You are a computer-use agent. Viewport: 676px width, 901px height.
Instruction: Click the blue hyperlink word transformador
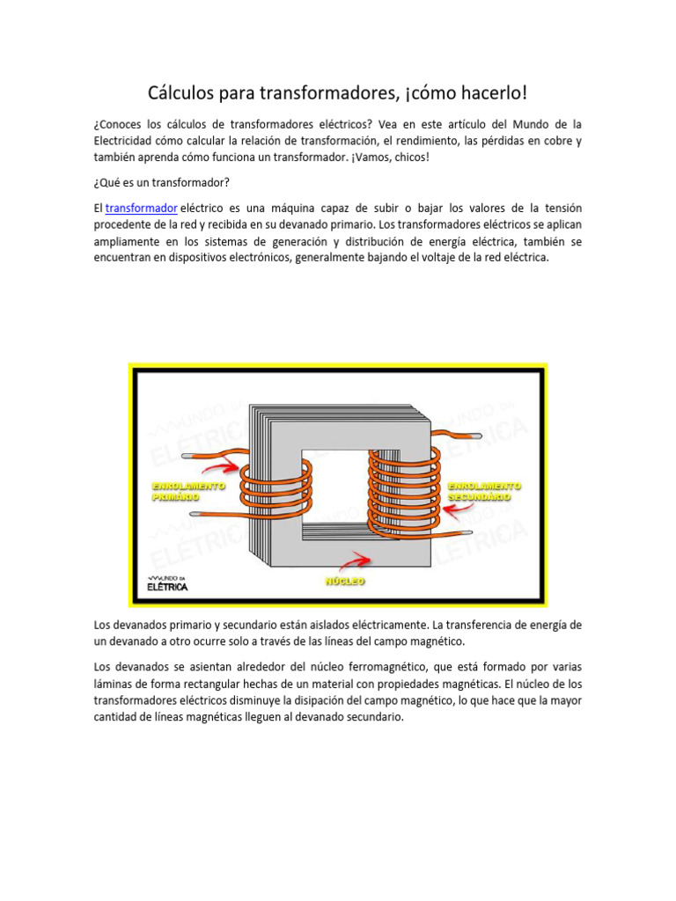[x=142, y=208]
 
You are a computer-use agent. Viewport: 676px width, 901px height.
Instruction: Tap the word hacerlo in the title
[x=489, y=92]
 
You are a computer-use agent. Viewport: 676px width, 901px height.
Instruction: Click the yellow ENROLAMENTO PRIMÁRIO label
[x=188, y=490]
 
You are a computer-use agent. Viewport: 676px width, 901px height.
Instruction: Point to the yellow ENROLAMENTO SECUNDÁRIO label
[x=484, y=490]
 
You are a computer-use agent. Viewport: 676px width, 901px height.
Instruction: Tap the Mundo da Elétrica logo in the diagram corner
[x=167, y=584]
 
